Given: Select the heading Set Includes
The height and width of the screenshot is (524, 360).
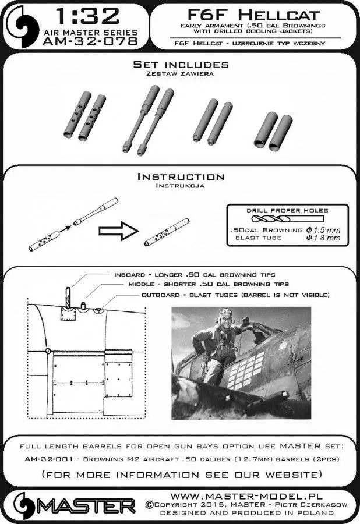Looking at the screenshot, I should click(x=181, y=64).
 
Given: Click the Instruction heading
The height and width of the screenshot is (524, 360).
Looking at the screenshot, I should click(x=179, y=176).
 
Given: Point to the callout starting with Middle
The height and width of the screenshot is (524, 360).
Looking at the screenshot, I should click(x=209, y=285).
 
